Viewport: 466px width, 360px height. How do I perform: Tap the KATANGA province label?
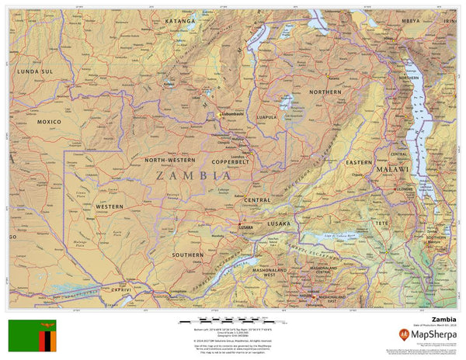[x=180, y=22]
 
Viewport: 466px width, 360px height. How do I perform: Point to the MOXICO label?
[x=49, y=122]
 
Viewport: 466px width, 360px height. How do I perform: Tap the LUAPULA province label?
[x=266, y=117]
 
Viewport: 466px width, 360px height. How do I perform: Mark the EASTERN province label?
[x=359, y=162]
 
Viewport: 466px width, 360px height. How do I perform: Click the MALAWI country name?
[x=391, y=168]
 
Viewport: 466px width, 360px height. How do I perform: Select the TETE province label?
[x=382, y=223]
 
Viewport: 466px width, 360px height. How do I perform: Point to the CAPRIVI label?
[x=122, y=289]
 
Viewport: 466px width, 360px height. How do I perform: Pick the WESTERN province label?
[x=110, y=206]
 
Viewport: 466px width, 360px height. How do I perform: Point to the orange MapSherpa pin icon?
[x=404, y=335]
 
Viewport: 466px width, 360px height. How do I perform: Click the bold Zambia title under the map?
[x=443, y=318]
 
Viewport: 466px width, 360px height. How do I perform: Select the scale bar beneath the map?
[x=234, y=320]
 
